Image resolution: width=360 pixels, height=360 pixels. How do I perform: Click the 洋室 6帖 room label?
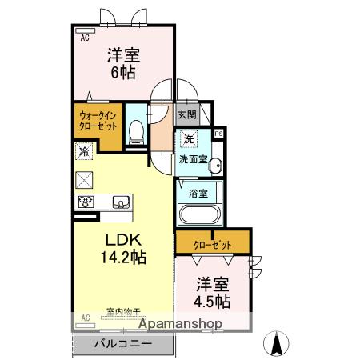[125, 62]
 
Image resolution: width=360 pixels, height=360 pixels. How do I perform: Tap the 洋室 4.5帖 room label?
[213, 293]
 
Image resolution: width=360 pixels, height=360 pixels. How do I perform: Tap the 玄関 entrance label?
[186, 114]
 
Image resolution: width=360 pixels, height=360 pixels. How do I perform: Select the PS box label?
[218, 134]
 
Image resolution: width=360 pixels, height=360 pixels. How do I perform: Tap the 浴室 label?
[198, 192]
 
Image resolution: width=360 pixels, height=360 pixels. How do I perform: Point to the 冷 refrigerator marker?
[84, 150]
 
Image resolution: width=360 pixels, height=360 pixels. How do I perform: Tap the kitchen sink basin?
[121, 201]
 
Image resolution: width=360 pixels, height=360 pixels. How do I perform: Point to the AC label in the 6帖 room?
[84, 36]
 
